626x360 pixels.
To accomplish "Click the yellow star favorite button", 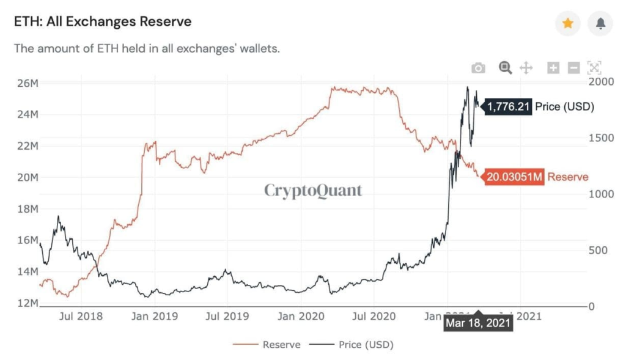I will tap(567, 23).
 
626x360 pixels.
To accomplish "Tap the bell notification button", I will tap(600, 23).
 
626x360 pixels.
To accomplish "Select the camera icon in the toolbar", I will tap(479, 68).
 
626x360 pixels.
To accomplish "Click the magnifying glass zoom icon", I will tap(505, 68).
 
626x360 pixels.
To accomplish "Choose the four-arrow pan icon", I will tap(526, 68).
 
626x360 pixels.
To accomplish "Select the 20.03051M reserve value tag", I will tap(514, 177).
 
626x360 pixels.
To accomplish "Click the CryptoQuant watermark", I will tap(313, 191).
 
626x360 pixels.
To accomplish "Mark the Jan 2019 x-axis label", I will tap(155, 316).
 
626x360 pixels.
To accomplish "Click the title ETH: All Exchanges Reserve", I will tap(103, 22).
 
